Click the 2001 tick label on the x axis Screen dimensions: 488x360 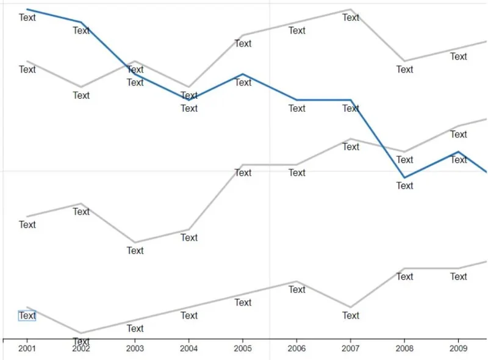click(27, 348)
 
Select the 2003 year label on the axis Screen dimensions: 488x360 click(135, 348)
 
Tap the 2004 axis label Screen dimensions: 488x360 click(188, 348)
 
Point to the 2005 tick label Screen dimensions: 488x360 click(243, 348)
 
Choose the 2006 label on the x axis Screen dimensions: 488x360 click(296, 348)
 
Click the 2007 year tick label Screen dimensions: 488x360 click(350, 348)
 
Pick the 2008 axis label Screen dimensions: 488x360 click(404, 348)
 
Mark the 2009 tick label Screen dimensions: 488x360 click(458, 348)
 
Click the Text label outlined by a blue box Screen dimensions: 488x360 click(27, 315)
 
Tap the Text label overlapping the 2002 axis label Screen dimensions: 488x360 click(81, 341)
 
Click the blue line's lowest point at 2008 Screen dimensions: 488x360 click(404, 178)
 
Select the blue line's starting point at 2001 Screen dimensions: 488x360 click(27, 9)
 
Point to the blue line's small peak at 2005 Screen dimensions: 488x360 click(243, 74)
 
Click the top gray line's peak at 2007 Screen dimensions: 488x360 click(350, 9)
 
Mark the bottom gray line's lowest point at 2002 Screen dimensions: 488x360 click(81, 333)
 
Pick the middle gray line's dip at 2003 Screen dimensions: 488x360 click(135, 242)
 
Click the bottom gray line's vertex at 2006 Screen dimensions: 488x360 click(296, 281)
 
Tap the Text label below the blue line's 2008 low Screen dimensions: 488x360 click(404, 185)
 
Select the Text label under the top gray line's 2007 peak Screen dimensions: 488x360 click(351, 18)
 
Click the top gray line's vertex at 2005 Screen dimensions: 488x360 click(243, 35)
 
